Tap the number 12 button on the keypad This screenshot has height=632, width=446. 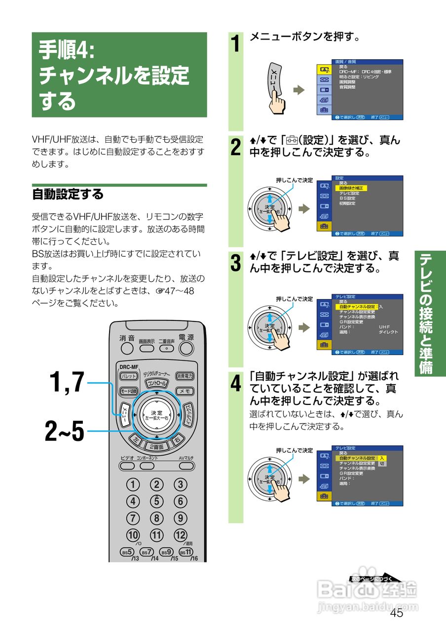pos(181,535)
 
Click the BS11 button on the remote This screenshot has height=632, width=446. pos(186,552)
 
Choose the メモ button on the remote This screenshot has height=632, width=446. pos(185,391)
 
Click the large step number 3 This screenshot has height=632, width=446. pos(236,262)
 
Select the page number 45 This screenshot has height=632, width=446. pos(396,613)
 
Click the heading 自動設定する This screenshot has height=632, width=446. pos(68,194)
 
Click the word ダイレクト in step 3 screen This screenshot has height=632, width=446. pos(388,332)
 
